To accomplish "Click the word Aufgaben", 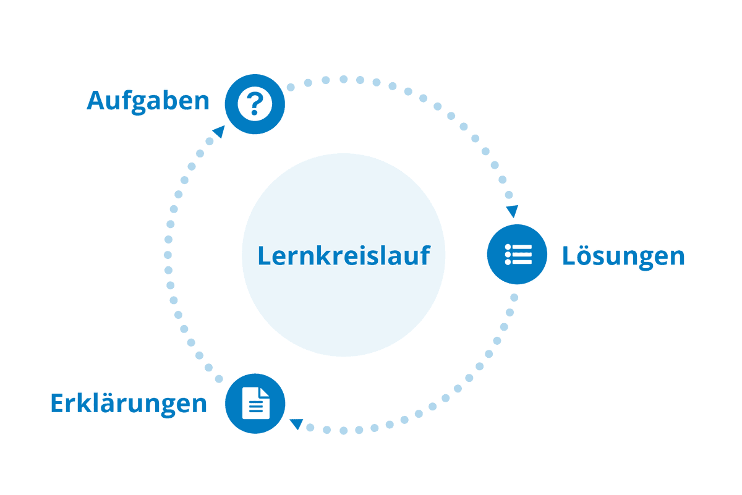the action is tap(148, 101).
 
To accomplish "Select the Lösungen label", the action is tap(623, 256).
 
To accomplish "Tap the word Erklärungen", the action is tap(129, 404).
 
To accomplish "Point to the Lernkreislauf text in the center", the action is tap(344, 255).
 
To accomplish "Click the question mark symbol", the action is tap(255, 104).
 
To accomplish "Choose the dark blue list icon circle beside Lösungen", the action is tap(517, 254).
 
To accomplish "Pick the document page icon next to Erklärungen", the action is tap(256, 404).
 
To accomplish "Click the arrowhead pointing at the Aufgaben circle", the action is tap(220, 132).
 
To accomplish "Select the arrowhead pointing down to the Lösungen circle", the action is tap(513, 211).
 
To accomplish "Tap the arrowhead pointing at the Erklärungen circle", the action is tap(297, 424).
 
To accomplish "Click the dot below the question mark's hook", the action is tap(254, 112).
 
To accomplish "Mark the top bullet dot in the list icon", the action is tap(508, 247).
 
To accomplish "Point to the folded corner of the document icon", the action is tap(265, 392).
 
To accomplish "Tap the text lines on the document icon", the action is tap(256, 407).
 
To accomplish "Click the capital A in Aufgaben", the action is tap(96, 100).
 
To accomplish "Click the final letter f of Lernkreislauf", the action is tap(425, 255).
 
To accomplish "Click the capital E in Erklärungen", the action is tap(57, 403).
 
